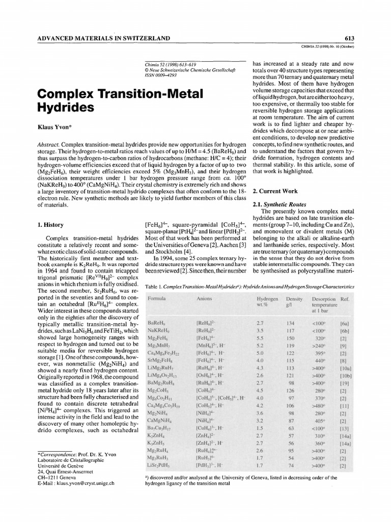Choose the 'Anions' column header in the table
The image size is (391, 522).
tap(204, 298)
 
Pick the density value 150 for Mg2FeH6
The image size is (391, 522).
tap(291, 337)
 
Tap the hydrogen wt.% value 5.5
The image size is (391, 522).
tap(260, 337)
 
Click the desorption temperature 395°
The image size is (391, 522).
tap(320, 352)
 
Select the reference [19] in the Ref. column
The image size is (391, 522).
tap(343, 382)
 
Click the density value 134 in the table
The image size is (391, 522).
tap(291, 323)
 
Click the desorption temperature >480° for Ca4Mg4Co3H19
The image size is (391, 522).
tap(319, 411)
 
